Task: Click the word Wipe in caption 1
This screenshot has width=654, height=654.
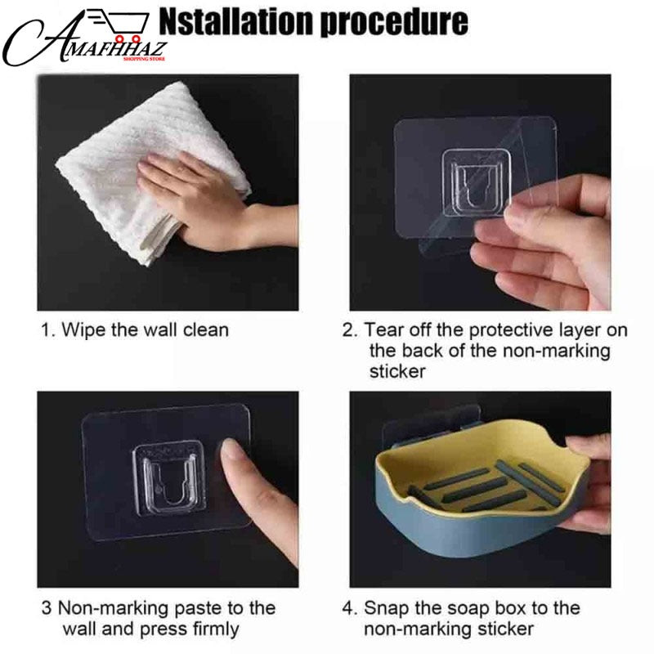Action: [80, 330]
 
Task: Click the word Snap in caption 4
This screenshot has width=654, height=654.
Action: [386, 608]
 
